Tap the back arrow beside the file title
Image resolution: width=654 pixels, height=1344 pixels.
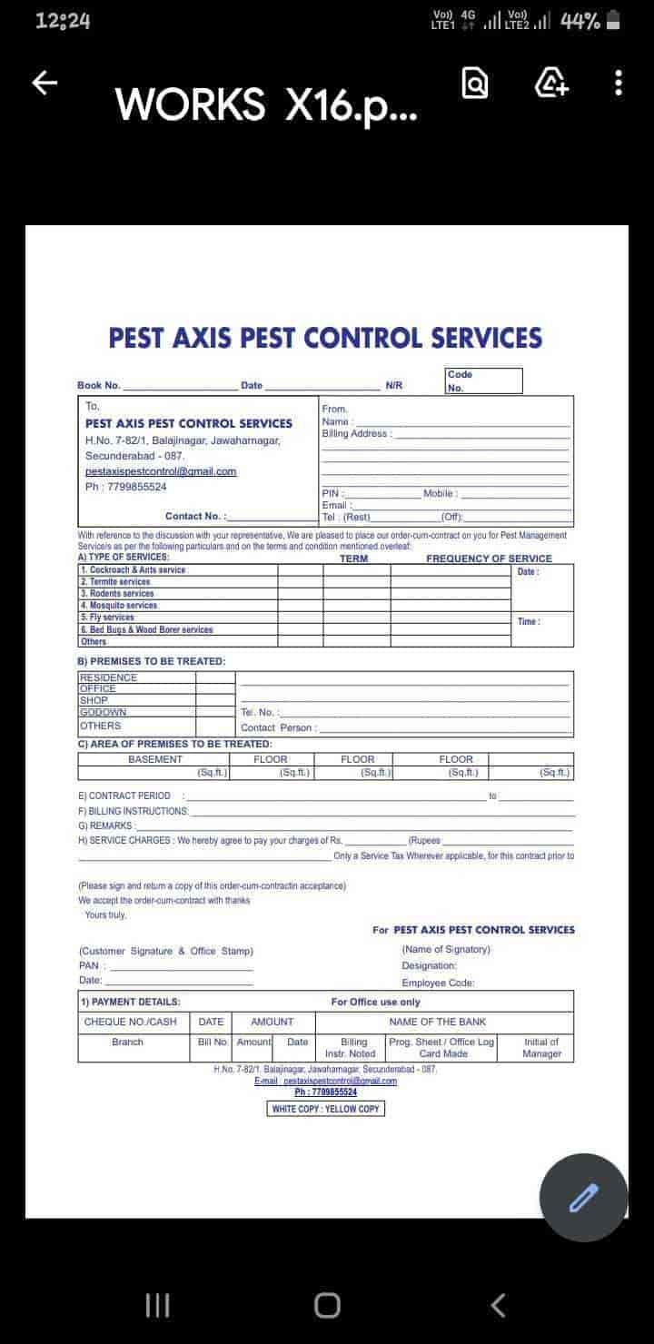[x=45, y=84]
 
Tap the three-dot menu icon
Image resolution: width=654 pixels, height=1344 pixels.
[x=619, y=84]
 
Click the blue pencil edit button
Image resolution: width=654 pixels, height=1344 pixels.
[x=583, y=1198]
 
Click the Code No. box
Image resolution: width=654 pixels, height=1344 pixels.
[x=484, y=380]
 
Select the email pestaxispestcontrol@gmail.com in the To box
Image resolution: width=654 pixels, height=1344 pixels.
[x=161, y=471]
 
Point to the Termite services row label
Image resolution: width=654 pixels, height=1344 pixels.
[x=114, y=581]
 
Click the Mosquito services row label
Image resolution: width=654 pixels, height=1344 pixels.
[x=118, y=605]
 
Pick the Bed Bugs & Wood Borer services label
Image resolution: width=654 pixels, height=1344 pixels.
[x=146, y=629]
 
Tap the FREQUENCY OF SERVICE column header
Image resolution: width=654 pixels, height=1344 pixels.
[x=489, y=558]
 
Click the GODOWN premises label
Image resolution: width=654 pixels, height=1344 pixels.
[x=104, y=713]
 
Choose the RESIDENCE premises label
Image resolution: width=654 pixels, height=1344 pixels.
[x=109, y=677]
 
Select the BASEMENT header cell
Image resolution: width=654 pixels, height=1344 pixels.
[x=154, y=759]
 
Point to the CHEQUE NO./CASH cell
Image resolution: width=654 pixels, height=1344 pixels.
[x=131, y=1022]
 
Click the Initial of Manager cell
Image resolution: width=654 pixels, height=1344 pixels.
[x=541, y=1048]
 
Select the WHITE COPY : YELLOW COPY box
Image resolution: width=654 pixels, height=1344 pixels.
[x=326, y=1109]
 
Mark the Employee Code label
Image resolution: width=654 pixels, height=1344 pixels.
[x=438, y=983]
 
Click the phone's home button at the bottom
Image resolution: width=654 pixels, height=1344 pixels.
[x=327, y=1305]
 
